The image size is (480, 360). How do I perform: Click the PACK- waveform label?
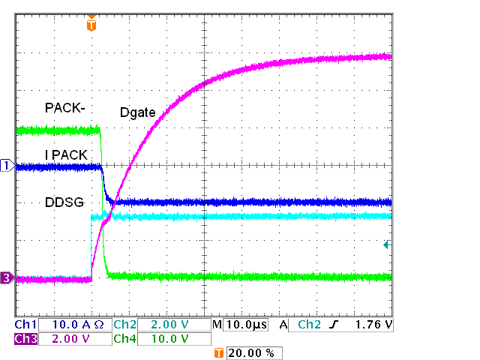click(65, 108)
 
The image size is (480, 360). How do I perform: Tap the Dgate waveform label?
click(137, 112)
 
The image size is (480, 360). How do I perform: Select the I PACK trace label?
click(67, 155)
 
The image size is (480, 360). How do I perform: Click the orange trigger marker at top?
click(91, 24)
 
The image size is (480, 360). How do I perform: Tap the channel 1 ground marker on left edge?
click(7, 165)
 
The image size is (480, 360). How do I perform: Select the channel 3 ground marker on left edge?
click(7, 279)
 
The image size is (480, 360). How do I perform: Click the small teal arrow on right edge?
click(387, 244)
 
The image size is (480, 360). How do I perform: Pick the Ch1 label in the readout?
click(25, 325)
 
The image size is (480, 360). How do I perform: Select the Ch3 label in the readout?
click(25, 339)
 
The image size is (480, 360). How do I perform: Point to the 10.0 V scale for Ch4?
click(172, 339)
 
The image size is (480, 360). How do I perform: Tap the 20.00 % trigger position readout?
click(253, 352)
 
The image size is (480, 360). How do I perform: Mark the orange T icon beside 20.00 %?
click(219, 352)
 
